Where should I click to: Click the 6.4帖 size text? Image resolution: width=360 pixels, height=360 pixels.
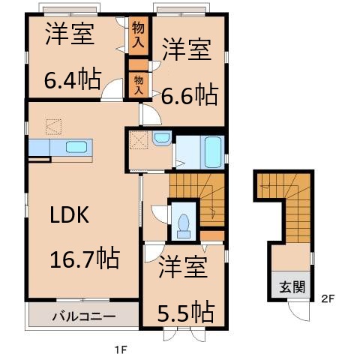click(x=72, y=80)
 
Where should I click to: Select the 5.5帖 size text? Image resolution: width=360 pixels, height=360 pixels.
click(x=185, y=310)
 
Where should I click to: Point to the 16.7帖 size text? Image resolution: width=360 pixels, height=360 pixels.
click(x=83, y=259)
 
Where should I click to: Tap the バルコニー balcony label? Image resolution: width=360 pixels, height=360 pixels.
click(x=82, y=315)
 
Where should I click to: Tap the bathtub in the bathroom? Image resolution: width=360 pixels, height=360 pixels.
click(x=212, y=152)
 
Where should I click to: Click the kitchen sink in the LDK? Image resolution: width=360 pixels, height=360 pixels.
click(x=77, y=147)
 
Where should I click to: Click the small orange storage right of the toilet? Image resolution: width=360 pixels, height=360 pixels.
click(x=213, y=237)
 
